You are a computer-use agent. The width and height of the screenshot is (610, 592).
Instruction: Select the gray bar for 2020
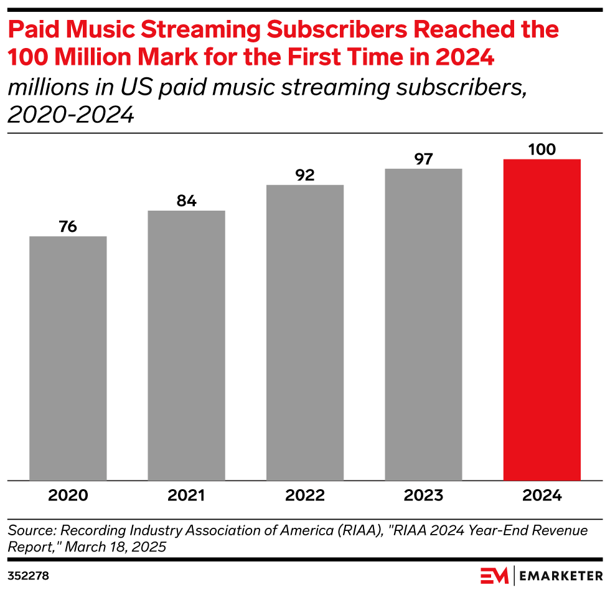point(68,358)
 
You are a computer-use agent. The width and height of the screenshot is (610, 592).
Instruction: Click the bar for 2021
point(186,346)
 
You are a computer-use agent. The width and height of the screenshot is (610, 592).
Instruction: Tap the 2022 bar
point(305,333)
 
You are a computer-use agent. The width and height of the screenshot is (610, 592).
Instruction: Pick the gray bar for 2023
point(423,325)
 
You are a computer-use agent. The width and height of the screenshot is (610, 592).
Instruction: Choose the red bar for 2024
point(542,320)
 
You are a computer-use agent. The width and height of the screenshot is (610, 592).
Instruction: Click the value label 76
point(68,226)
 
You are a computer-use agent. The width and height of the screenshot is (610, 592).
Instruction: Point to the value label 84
point(186,201)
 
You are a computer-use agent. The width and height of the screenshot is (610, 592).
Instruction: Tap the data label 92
point(305,175)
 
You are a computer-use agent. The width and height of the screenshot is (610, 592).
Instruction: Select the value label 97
point(423,159)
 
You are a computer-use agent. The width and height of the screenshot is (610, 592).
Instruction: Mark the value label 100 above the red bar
point(542,149)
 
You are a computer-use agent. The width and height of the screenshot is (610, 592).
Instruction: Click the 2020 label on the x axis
point(68,496)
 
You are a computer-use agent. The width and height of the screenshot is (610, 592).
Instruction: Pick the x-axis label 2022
point(305,496)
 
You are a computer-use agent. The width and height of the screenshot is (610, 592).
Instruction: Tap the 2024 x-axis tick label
point(542,496)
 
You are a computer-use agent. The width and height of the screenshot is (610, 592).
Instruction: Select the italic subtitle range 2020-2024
point(72,115)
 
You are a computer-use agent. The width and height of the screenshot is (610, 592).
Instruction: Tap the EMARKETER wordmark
point(561,575)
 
